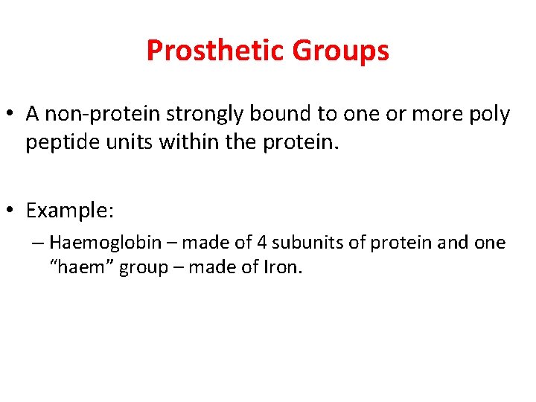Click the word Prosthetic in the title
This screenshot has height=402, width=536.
pyautogui.click(x=216, y=51)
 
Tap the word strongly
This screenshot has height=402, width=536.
pyautogui.click(x=204, y=115)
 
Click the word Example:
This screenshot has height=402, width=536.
pyautogui.click(x=70, y=211)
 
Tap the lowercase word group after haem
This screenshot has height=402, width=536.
pyautogui.click(x=144, y=268)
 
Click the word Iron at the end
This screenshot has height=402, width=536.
pyautogui.click(x=281, y=267)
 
